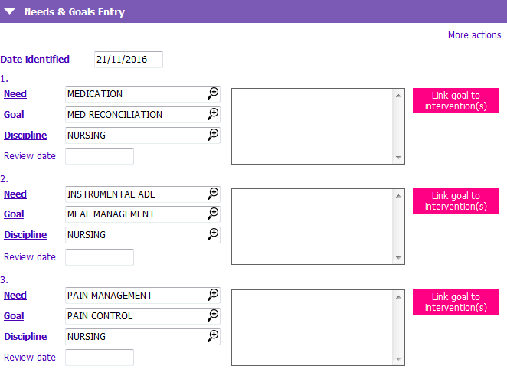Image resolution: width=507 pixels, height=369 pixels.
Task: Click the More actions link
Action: pos(474,35)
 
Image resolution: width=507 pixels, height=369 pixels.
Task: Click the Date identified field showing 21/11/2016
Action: pos(129,60)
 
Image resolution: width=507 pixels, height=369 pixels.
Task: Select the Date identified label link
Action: pos(35,60)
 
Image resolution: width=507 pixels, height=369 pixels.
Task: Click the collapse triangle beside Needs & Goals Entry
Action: pos(10,12)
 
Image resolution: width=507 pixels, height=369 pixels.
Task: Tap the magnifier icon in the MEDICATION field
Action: pos(213,93)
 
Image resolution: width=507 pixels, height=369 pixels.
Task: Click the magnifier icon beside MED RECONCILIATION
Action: pos(213,114)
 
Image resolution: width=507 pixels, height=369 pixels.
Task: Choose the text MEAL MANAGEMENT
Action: pos(111,214)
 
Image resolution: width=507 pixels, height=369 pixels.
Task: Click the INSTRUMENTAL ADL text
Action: pos(111,194)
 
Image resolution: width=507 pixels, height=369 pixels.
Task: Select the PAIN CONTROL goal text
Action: pos(100,315)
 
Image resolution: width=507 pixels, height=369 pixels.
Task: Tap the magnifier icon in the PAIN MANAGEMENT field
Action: pos(213,295)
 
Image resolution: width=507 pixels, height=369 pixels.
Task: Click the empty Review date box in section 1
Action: pos(100,156)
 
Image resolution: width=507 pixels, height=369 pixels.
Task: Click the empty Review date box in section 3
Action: pos(100,358)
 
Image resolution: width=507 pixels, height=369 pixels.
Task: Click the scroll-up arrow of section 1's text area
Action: pos(398,96)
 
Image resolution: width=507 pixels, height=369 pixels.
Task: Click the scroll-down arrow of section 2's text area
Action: pos(398,258)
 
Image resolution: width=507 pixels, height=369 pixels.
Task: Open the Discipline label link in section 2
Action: pos(25,234)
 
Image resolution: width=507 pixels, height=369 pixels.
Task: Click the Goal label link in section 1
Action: pos(14,114)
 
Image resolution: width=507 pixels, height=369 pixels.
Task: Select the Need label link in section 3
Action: pos(15,295)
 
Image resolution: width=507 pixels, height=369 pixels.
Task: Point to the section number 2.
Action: pos(4,179)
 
